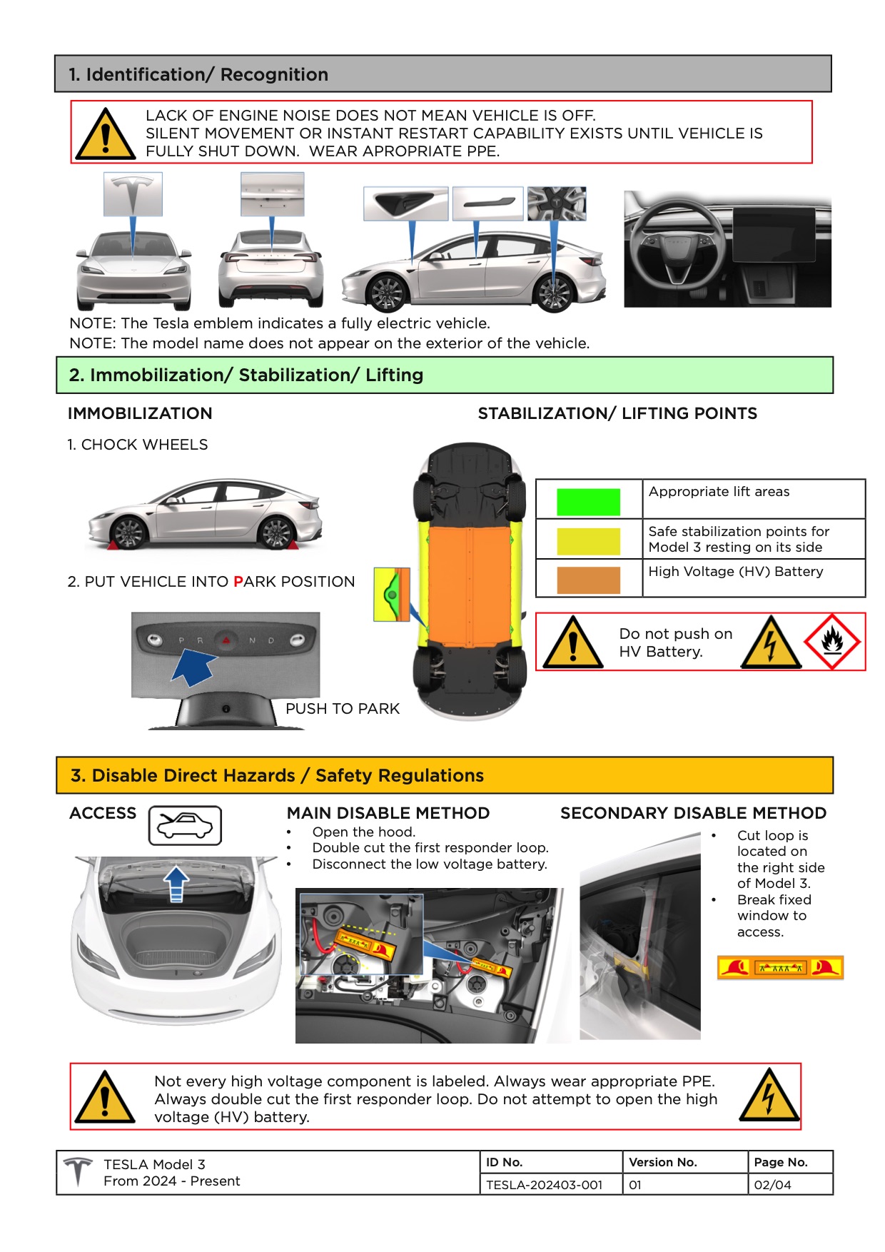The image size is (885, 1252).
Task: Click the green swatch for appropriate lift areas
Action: tap(588, 502)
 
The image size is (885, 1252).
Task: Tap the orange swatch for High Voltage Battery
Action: tap(588, 580)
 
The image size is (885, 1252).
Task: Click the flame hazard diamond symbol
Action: tap(832, 641)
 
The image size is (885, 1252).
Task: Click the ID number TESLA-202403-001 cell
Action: tap(544, 1185)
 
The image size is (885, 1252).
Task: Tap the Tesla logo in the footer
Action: tap(78, 1171)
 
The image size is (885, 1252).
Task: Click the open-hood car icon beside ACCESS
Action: tap(185, 826)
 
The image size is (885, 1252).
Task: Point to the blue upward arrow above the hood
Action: tap(176, 884)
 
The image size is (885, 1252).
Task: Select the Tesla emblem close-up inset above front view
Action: tap(133, 193)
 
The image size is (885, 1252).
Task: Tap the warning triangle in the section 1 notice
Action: tap(106, 134)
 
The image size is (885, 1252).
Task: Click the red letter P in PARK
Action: tap(238, 582)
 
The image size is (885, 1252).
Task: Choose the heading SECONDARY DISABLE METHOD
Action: tap(693, 813)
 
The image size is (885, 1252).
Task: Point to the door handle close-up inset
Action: tap(487, 203)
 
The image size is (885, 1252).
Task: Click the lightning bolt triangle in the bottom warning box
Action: tap(769, 1096)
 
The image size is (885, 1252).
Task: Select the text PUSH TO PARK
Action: tap(343, 709)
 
